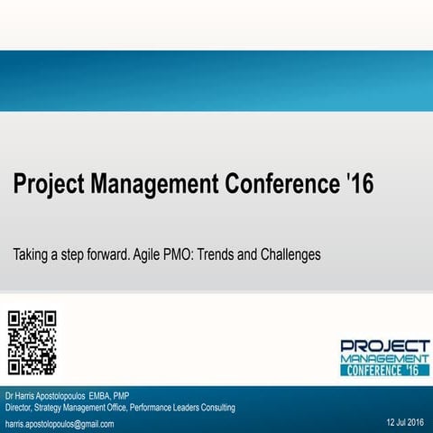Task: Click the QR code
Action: tap(32, 342)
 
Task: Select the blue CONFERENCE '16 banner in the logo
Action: tap(384, 370)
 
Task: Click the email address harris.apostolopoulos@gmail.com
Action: tap(60, 423)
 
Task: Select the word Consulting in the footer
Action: tap(216, 408)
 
